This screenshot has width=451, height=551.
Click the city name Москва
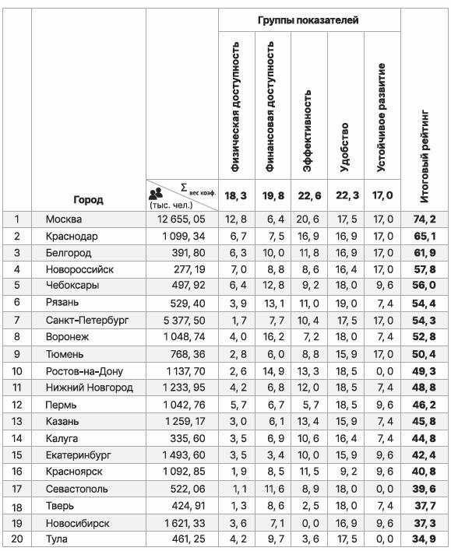click(x=64, y=219)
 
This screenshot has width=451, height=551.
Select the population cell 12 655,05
click(x=181, y=219)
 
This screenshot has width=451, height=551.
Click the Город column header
click(x=88, y=200)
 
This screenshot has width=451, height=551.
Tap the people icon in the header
click(x=156, y=192)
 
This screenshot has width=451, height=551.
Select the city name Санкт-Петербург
click(x=87, y=321)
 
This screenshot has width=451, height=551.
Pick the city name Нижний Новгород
click(x=89, y=388)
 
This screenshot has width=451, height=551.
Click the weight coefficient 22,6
click(x=308, y=195)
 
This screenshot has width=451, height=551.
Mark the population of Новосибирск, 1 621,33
click(x=181, y=522)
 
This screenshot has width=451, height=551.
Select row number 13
click(x=16, y=421)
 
